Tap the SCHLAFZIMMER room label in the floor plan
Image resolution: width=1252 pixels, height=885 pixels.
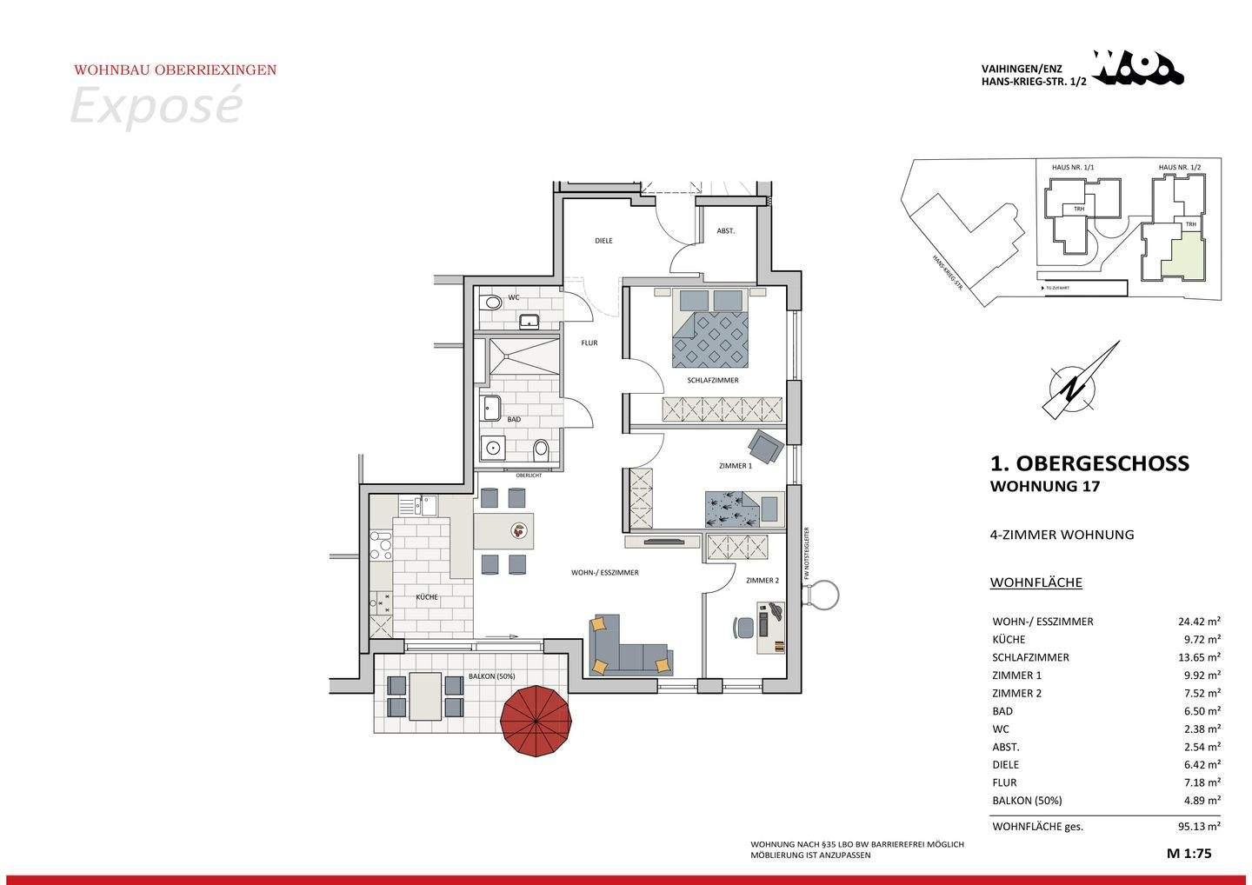tap(712, 381)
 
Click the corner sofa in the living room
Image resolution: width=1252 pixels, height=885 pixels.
tap(626, 648)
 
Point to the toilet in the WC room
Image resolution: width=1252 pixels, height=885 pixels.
tap(492, 303)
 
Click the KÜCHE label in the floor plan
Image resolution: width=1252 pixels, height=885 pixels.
tap(426, 597)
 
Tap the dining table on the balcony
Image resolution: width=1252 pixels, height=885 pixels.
tap(425, 695)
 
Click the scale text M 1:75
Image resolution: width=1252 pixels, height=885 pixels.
tap(1189, 854)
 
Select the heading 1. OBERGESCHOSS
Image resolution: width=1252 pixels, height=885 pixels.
tap(1089, 463)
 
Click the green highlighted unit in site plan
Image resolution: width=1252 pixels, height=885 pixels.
tap(1186, 258)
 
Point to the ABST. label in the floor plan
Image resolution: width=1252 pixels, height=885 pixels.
tap(725, 231)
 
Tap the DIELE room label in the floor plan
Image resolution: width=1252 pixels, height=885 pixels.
tap(603, 241)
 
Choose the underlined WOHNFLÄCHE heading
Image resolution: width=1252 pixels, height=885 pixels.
tap(1036, 582)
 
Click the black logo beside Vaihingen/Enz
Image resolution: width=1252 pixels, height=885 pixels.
tap(1137, 69)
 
